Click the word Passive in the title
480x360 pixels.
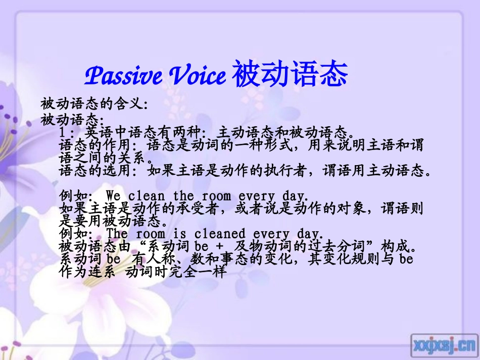[x=124, y=76]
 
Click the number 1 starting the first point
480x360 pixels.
[x=62, y=133]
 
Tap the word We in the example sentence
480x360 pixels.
[x=113, y=195]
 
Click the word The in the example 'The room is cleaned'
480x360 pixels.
[x=117, y=234]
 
